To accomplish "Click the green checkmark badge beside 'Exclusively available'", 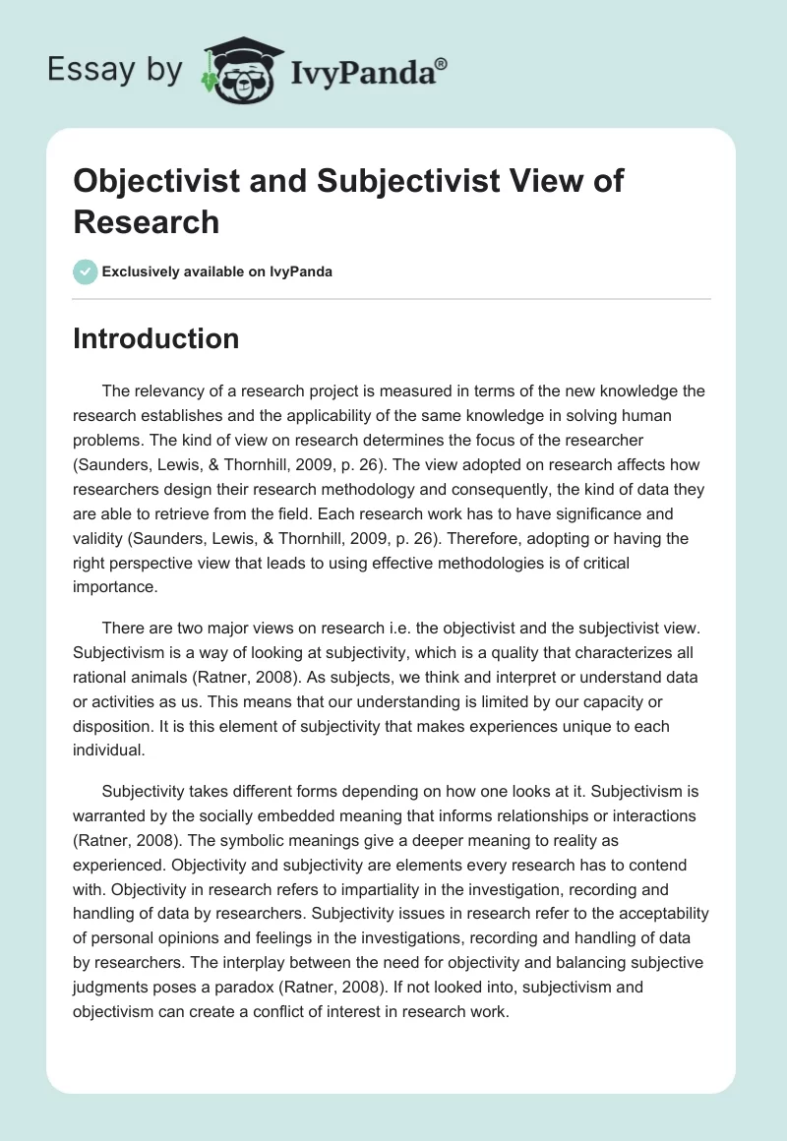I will (x=86, y=272).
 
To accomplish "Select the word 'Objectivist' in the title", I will (x=156, y=181).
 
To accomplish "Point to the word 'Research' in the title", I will (x=147, y=221).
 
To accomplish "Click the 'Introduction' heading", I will (x=156, y=338).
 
